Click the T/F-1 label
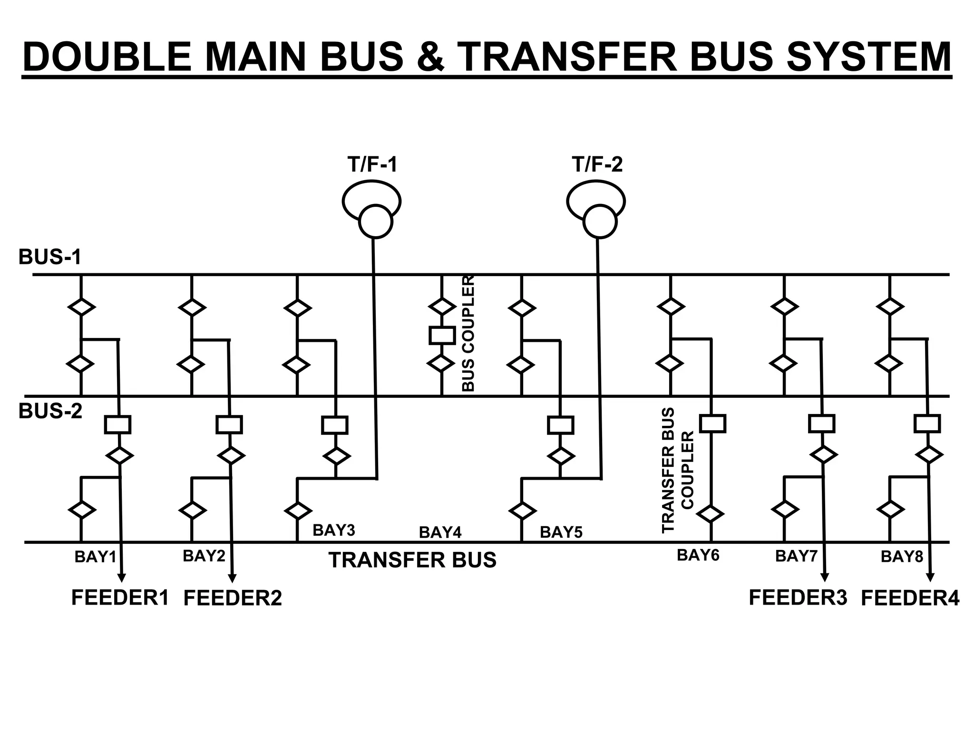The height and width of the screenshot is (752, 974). (x=372, y=164)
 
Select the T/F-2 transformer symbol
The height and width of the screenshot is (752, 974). (x=597, y=209)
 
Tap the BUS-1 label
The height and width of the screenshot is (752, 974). (x=50, y=257)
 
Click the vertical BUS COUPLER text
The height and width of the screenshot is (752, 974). (x=468, y=334)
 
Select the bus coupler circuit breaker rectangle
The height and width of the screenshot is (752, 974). (x=442, y=336)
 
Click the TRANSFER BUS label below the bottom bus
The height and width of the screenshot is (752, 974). (x=412, y=560)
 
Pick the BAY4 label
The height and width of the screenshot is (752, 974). (x=440, y=533)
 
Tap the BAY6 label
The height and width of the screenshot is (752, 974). (x=698, y=555)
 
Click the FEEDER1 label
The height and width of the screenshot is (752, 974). (x=120, y=598)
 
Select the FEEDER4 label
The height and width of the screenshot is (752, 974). (x=910, y=598)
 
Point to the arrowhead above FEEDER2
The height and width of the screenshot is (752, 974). (x=232, y=578)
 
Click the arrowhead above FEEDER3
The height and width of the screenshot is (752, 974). (x=825, y=578)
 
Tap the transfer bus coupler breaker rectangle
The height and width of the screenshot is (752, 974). (x=712, y=424)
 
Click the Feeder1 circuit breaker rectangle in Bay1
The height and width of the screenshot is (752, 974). (x=117, y=424)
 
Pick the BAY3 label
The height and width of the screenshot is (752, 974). (x=333, y=530)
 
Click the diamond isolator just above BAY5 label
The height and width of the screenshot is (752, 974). (x=522, y=511)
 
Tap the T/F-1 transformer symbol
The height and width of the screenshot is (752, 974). (x=372, y=209)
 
